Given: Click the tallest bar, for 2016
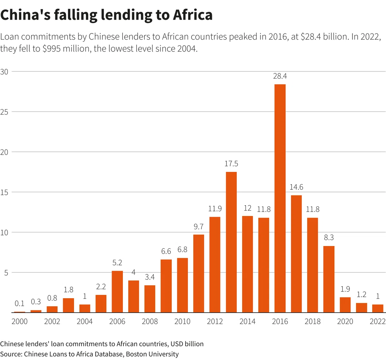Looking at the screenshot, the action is tap(280, 198).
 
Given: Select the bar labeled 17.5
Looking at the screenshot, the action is tap(231, 242).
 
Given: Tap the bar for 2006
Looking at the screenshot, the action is tap(117, 291).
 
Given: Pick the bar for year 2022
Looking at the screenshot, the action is tap(378, 308).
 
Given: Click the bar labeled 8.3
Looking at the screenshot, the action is tap(329, 279).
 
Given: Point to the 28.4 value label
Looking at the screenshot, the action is tap(280, 76).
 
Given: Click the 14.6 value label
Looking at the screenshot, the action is tap(296, 187).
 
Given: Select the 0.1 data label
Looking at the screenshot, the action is tap(19, 303).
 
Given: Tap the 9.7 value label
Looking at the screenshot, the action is tap(198, 226).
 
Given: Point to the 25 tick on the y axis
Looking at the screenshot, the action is tap(4, 112).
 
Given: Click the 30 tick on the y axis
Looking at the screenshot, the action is tap(4, 72).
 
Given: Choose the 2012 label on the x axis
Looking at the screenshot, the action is tap(215, 321).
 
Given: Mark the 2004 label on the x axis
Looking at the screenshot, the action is tap(85, 321).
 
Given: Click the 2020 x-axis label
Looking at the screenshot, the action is tap(345, 321).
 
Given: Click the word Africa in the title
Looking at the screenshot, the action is tap(193, 15).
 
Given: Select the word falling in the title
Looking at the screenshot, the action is tap(76, 15).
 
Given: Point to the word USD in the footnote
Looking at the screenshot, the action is tap(177, 344).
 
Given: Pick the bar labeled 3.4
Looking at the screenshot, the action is tap(150, 299).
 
